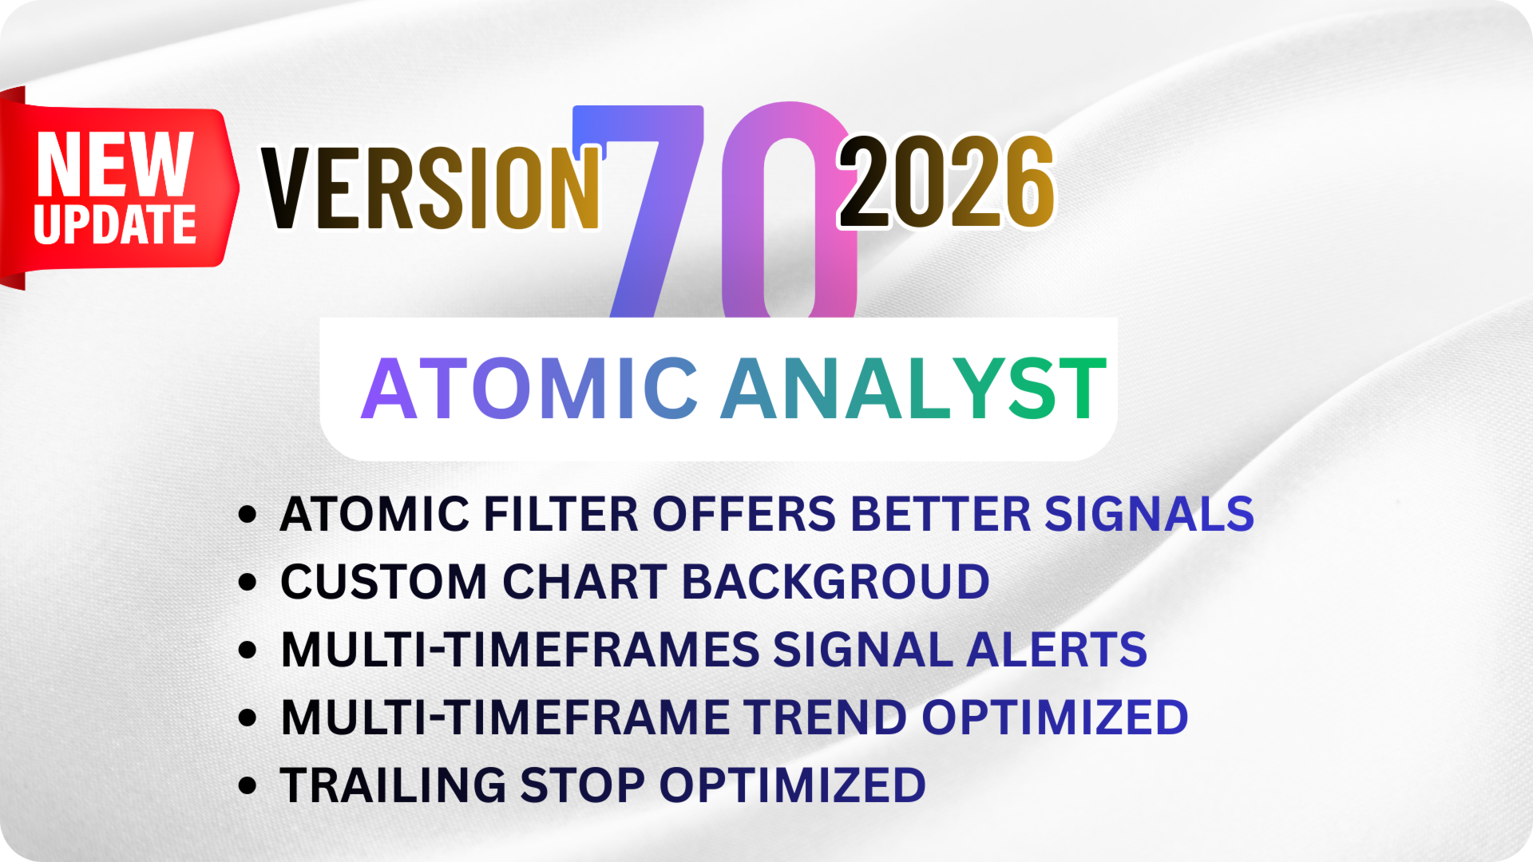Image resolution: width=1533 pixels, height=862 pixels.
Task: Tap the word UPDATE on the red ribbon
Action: coord(115,224)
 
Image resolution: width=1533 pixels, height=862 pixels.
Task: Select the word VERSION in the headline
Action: coord(431,188)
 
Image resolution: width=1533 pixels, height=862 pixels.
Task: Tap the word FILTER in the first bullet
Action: coord(561,513)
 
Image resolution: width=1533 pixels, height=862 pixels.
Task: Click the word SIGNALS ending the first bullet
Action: coord(1150,513)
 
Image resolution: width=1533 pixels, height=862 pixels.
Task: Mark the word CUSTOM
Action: coord(383,581)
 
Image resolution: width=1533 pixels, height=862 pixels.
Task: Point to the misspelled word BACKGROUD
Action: coord(836,581)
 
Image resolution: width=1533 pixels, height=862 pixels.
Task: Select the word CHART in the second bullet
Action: coord(584,581)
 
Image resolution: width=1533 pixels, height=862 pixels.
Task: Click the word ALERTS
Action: coord(1057,649)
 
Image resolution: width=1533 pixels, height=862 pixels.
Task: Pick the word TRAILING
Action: coord(393,785)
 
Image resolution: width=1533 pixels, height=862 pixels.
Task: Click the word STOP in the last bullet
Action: coord(582,785)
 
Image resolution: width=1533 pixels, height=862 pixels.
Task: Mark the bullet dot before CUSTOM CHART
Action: coord(248,582)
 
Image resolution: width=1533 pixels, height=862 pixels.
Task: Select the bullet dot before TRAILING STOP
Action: coord(248,785)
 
